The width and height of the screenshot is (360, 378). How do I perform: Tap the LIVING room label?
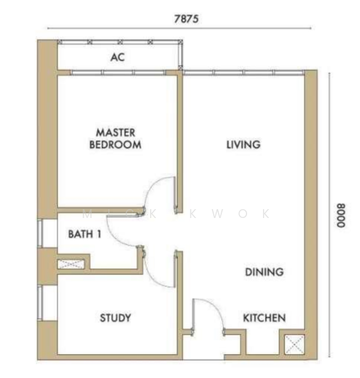243,144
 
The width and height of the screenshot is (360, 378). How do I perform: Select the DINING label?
264,272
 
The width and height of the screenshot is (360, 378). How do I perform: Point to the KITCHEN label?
264,318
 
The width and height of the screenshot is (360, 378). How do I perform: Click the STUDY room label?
115,318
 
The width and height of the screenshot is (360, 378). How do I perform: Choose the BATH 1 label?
84,234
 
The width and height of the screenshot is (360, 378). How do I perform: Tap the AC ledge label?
117,57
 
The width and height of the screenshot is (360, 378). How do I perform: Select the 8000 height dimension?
341,215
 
